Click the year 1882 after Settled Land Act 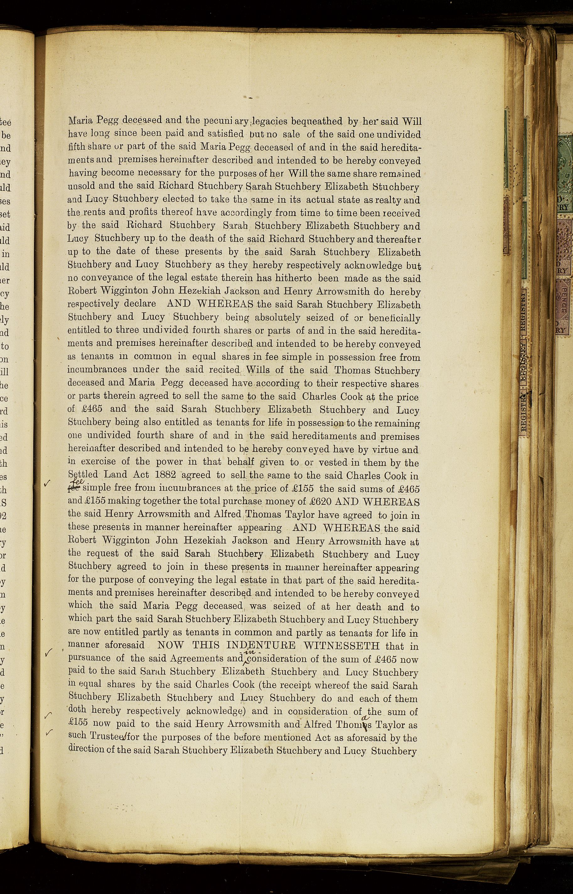click(165, 475)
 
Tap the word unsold click(83, 187)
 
